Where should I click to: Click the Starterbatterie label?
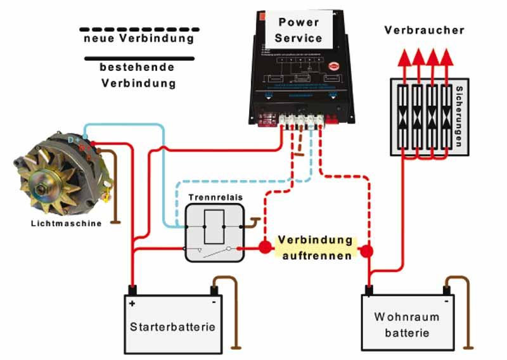click(172, 327)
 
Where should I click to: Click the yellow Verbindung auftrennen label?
click(315, 249)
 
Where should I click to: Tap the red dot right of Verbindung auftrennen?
click(367, 252)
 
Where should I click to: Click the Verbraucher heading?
click(424, 30)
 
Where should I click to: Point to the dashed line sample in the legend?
click(139, 29)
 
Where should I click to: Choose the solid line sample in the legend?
click(139, 58)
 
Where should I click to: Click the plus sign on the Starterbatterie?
click(132, 304)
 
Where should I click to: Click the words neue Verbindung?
click(139, 39)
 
